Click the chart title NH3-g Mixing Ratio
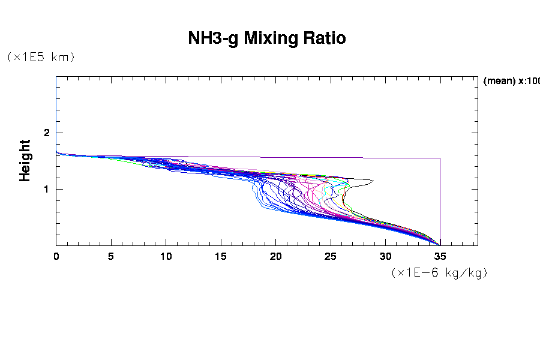point(267,38)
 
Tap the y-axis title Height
point(25,160)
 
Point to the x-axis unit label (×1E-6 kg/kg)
point(439,272)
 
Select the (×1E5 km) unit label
point(40,57)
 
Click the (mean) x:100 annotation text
point(511,81)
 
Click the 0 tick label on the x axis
point(56,256)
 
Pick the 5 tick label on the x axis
point(111,256)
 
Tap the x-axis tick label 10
point(166,256)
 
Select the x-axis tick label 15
point(221,256)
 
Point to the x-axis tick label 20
point(275,256)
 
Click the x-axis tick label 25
point(331,256)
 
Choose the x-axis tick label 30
point(385,256)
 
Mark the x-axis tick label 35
point(440,256)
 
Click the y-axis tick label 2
point(46,133)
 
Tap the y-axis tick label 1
point(46,189)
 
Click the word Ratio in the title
point(324,38)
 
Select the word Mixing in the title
point(267,38)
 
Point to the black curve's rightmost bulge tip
point(373,181)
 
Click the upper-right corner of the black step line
point(440,158)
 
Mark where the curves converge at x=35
point(440,244)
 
